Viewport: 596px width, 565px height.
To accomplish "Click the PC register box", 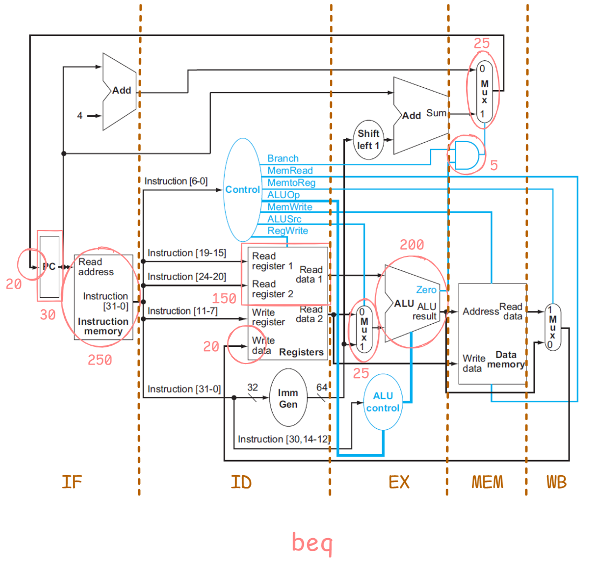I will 50,267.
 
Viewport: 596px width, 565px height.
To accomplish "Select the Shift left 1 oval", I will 369,139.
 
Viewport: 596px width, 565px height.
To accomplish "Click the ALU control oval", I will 383,402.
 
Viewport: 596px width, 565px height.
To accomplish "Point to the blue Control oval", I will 242,190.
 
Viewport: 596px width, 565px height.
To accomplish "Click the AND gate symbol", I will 465,155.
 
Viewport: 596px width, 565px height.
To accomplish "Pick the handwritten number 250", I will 100,360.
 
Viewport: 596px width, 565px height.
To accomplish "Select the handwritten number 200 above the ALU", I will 412,245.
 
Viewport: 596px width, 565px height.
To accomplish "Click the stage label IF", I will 72,482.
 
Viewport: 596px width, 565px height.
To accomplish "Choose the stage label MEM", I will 487,482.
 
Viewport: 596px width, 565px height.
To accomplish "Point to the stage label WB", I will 557,482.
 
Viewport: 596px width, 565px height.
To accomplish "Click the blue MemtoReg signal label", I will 292,183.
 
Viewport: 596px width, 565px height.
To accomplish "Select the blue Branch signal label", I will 283,158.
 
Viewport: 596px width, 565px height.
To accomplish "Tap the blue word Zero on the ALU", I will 426,290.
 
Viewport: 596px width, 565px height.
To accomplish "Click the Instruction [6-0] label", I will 176,181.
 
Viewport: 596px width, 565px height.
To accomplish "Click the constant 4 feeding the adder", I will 80,115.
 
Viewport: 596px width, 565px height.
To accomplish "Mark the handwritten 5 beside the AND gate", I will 494,165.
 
